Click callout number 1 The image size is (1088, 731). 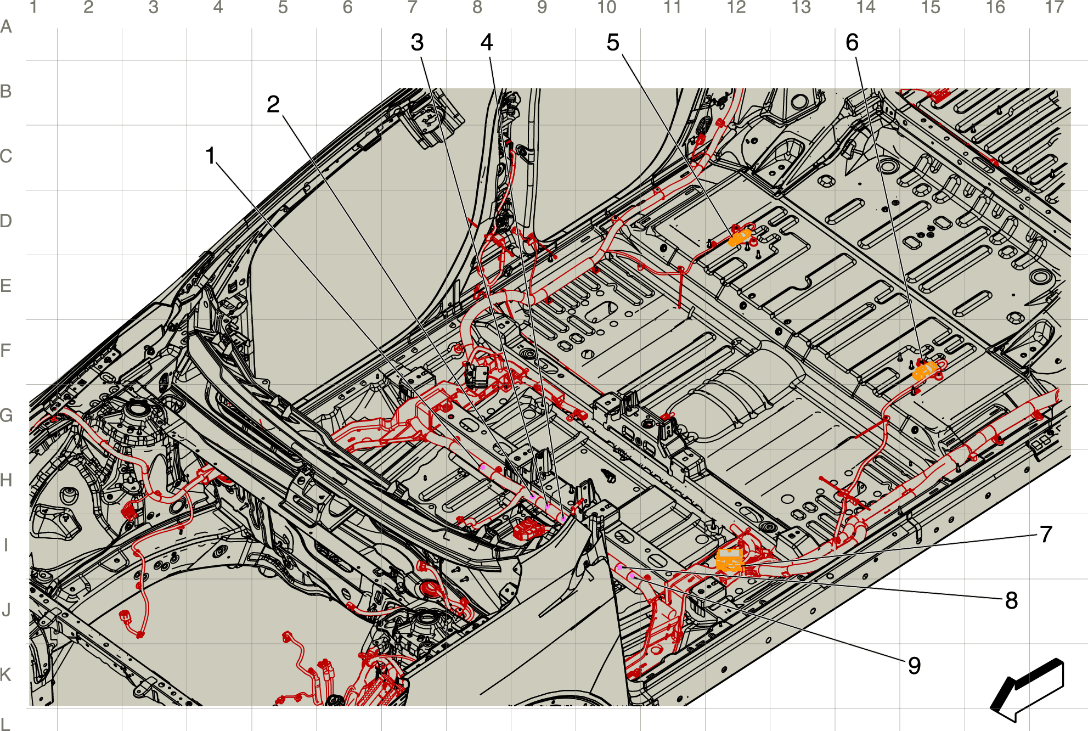tap(210, 156)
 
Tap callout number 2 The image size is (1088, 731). tap(273, 104)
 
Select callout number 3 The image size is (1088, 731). tap(417, 42)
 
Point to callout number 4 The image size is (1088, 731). tap(487, 42)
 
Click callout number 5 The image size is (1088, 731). tap(613, 42)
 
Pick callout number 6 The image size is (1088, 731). tap(852, 42)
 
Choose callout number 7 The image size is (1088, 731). tap(1046, 534)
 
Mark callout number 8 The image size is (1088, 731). tap(1011, 600)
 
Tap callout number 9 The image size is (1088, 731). tap(914, 666)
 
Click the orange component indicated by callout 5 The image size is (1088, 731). tap(740, 238)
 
